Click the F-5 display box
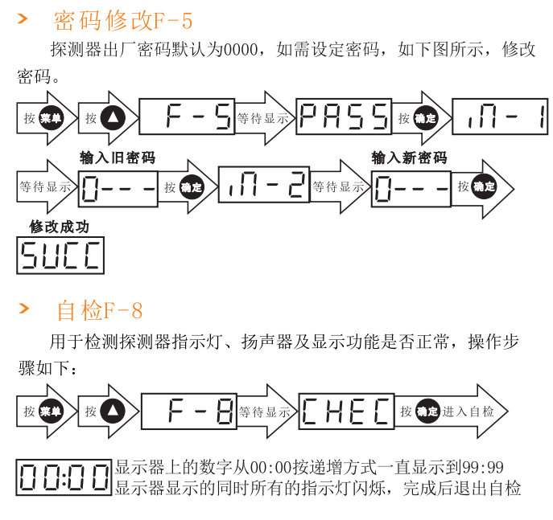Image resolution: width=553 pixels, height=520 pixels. tap(187, 117)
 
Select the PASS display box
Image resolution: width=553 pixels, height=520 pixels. tap(344, 117)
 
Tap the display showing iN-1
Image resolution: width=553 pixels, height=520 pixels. tap(500, 117)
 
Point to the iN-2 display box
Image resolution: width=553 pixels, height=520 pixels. tap(263, 186)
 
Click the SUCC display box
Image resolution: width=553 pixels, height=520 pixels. tap(60, 255)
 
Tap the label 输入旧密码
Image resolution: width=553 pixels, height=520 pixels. tap(118, 158)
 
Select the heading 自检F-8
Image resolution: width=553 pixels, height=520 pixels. tap(100, 309)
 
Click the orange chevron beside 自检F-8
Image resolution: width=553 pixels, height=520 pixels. tap(24, 309)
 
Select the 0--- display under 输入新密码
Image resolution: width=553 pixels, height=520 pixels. tap(411, 187)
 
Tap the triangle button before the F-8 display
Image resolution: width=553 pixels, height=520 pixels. tap(113, 411)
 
